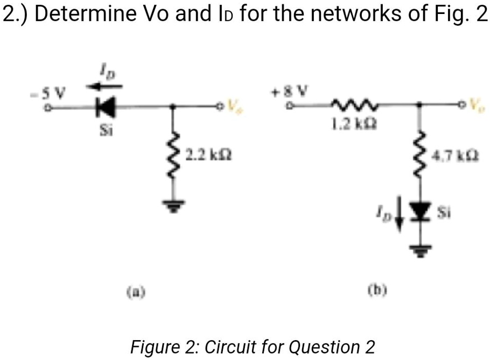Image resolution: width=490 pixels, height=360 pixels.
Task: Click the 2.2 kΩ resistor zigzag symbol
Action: (x=173, y=156)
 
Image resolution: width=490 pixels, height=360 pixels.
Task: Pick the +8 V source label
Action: (x=290, y=89)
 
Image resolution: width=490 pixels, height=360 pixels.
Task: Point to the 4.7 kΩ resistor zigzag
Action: (x=420, y=156)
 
